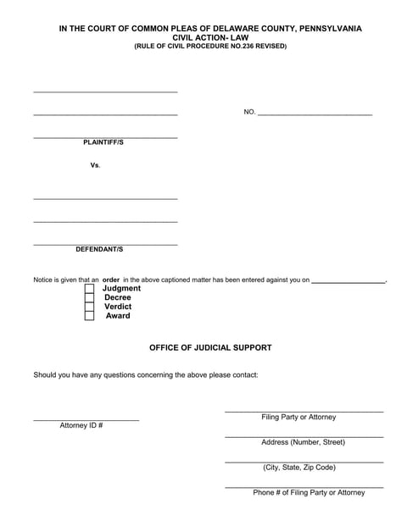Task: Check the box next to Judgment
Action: click(89, 289)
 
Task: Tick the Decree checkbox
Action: click(89, 298)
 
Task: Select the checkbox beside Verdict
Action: click(89, 307)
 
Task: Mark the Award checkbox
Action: click(89, 316)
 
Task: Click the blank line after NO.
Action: click(314, 112)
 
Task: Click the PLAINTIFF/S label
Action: click(103, 142)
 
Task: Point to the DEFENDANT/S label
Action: click(99, 250)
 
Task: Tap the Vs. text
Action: click(96, 165)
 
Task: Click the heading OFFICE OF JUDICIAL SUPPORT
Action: click(210, 348)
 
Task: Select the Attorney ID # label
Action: click(81, 425)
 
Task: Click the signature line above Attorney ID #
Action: click(86, 420)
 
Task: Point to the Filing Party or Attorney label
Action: click(298, 417)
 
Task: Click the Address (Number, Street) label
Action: click(303, 442)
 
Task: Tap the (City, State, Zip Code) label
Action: click(299, 467)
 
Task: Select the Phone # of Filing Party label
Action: click(309, 492)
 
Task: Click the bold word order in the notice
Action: click(111, 279)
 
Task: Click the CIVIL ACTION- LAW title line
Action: click(209, 37)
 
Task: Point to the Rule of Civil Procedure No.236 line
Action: click(210, 46)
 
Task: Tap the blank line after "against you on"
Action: click(348, 280)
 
